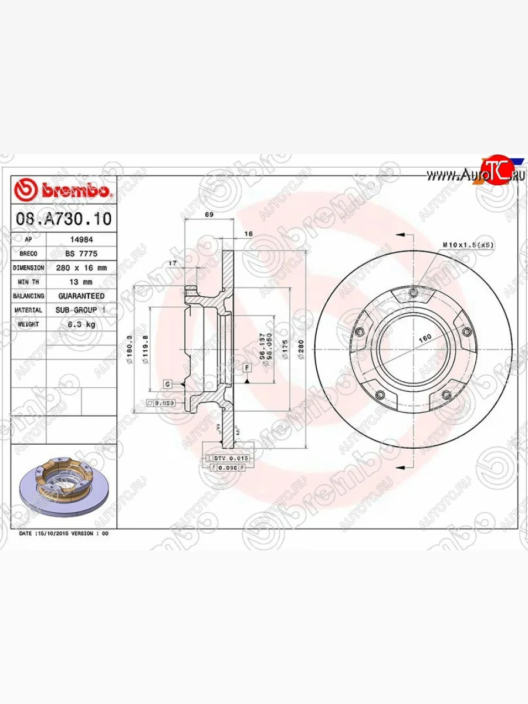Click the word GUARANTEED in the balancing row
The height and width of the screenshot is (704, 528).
(82, 296)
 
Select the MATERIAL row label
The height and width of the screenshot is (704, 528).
(28, 310)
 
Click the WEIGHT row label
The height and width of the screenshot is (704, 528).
(28, 324)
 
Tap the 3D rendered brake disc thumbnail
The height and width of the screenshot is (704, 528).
(63, 487)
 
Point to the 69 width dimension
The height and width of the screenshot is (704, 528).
(209, 215)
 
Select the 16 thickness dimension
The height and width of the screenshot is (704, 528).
(248, 234)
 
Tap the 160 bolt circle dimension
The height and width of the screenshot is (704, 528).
(425, 337)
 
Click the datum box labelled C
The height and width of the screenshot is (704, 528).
(167, 384)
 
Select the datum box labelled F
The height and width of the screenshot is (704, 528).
(247, 368)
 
